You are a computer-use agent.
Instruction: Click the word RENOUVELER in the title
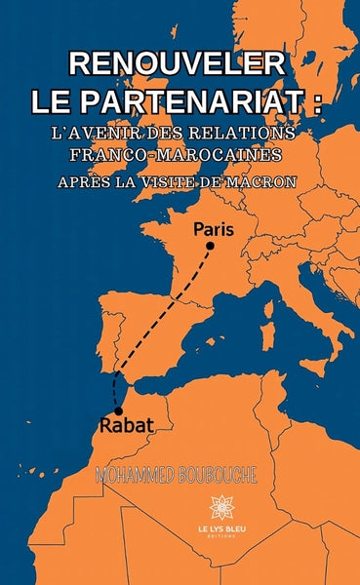click(x=179, y=64)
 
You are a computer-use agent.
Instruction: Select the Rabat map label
click(x=124, y=424)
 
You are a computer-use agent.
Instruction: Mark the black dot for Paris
click(x=208, y=247)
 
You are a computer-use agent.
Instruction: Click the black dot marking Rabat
click(x=119, y=410)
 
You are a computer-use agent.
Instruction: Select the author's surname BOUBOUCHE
click(x=220, y=473)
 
